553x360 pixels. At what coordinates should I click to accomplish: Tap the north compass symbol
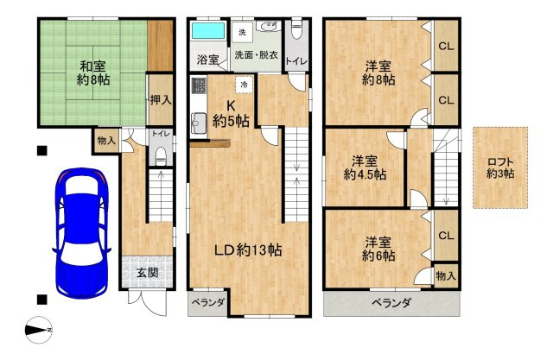(39, 330)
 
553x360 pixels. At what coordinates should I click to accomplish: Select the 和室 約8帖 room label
(93, 73)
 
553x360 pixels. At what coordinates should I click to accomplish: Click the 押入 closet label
(161, 100)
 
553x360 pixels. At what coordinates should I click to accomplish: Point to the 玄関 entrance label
(148, 273)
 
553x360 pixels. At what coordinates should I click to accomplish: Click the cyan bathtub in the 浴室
(208, 31)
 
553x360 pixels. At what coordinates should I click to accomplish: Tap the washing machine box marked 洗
(242, 33)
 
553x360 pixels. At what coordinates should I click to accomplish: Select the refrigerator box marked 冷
(244, 85)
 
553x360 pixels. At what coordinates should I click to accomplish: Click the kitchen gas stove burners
(199, 86)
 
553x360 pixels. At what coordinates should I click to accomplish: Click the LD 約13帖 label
(248, 250)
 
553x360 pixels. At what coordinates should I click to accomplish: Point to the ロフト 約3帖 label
(500, 167)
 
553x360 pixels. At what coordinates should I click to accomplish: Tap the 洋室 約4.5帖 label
(365, 168)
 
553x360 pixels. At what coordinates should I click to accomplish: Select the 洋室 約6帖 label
(378, 249)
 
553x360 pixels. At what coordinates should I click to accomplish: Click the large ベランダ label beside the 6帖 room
(391, 303)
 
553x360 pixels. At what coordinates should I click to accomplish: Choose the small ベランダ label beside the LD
(208, 302)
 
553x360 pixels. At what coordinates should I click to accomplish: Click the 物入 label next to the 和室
(106, 141)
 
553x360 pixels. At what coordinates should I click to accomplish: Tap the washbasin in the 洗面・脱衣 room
(268, 26)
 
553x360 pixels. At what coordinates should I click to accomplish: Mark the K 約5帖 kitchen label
(231, 113)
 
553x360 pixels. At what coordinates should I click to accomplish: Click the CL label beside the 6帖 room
(446, 236)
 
